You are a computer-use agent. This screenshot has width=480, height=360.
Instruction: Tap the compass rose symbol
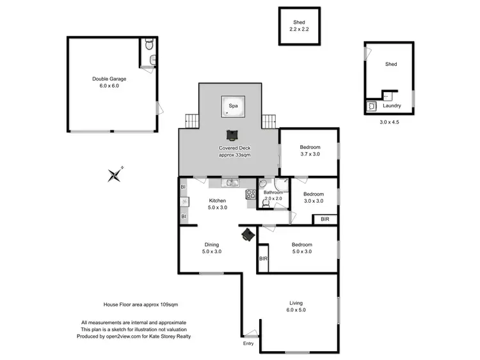(x=115, y=174)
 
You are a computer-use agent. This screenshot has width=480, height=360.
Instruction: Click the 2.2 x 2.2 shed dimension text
(x=300, y=30)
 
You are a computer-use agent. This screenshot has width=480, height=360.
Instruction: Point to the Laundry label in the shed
(x=392, y=106)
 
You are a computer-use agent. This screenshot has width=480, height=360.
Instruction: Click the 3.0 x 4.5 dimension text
(x=389, y=121)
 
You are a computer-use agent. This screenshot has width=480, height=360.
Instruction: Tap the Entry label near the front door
(x=248, y=344)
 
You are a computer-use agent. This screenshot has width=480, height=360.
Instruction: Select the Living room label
(x=296, y=302)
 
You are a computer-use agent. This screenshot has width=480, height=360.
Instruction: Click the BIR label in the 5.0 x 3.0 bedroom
(x=263, y=259)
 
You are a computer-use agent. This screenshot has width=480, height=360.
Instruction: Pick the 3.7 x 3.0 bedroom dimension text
(x=310, y=155)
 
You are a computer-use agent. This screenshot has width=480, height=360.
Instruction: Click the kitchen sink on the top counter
(x=231, y=184)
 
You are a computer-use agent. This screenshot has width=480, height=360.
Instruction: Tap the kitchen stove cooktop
(x=251, y=195)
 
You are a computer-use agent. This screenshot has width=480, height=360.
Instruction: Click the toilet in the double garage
(x=148, y=45)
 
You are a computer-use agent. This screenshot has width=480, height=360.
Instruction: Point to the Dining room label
(x=212, y=244)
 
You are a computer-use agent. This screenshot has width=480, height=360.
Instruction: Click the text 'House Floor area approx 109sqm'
(x=136, y=306)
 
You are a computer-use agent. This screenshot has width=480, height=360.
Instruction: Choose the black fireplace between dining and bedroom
(x=248, y=235)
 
